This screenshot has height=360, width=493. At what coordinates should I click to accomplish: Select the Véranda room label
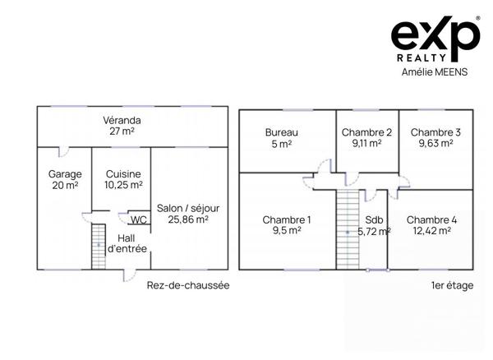(x=121, y=119)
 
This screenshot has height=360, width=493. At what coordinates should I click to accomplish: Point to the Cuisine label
(x=123, y=174)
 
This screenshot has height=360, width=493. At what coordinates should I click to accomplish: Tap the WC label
(x=139, y=219)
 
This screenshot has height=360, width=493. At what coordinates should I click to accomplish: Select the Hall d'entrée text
(x=127, y=243)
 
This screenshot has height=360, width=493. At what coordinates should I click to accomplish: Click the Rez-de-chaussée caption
(x=187, y=285)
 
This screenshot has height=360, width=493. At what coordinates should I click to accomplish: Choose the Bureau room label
(x=281, y=132)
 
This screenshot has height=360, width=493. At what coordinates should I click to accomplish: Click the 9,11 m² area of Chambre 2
(x=366, y=143)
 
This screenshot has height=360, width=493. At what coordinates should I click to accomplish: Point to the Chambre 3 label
(x=435, y=132)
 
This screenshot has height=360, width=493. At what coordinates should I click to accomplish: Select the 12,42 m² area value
(x=431, y=231)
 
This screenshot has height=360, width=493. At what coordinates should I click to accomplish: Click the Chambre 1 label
(x=287, y=219)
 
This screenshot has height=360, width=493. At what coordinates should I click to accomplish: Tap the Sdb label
(x=374, y=220)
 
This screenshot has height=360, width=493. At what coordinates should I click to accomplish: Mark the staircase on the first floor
(x=348, y=230)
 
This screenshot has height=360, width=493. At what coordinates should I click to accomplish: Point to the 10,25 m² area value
(x=123, y=186)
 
